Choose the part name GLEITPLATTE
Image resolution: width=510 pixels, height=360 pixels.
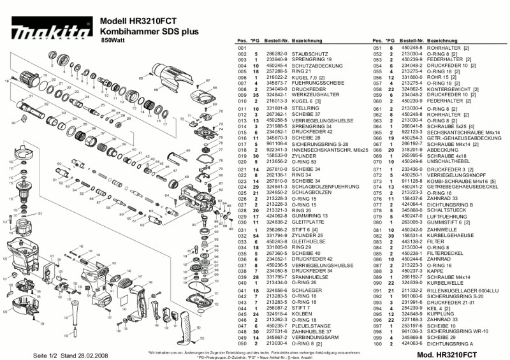pyautogui.click(x=306, y=222)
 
